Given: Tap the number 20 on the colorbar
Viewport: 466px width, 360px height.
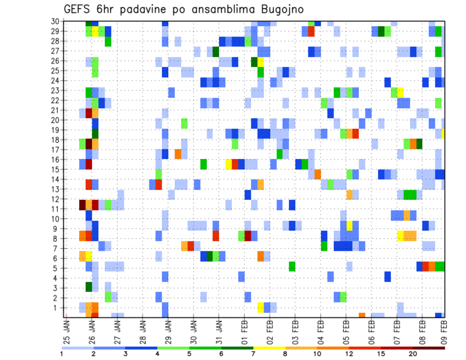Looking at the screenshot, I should (x=413, y=354).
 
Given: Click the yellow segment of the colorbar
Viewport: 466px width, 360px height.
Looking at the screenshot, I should (x=269, y=348).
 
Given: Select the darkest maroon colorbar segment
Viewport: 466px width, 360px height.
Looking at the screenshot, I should (x=429, y=348).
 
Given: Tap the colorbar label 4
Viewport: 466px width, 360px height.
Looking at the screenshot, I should (x=157, y=354).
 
